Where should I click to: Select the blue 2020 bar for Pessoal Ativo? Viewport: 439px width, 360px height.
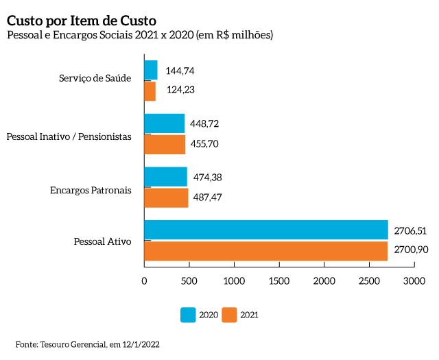click(265, 230)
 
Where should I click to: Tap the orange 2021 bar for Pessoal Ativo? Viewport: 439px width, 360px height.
click(265, 251)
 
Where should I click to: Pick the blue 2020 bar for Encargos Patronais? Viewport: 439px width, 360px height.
click(165, 177)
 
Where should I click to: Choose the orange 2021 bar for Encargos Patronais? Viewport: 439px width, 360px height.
click(166, 197)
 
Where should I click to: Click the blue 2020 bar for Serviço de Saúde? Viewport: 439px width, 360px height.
click(151, 70)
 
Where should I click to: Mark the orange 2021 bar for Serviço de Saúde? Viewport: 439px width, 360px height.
click(150, 91)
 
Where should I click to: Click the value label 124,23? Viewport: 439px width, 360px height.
click(181, 91)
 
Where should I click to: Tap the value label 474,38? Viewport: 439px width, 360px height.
click(208, 177)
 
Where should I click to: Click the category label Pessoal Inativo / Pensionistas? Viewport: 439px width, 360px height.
click(69, 136)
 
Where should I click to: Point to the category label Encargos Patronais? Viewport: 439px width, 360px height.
click(91, 190)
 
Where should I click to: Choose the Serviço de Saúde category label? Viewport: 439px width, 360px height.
click(95, 77)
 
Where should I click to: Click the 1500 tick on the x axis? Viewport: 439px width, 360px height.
click(279, 280)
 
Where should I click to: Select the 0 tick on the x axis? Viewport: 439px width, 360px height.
click(144, 280)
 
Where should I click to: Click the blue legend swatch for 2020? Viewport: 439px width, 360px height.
click(188, 315)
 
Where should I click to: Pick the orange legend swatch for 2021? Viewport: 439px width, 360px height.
click(229, 315)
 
